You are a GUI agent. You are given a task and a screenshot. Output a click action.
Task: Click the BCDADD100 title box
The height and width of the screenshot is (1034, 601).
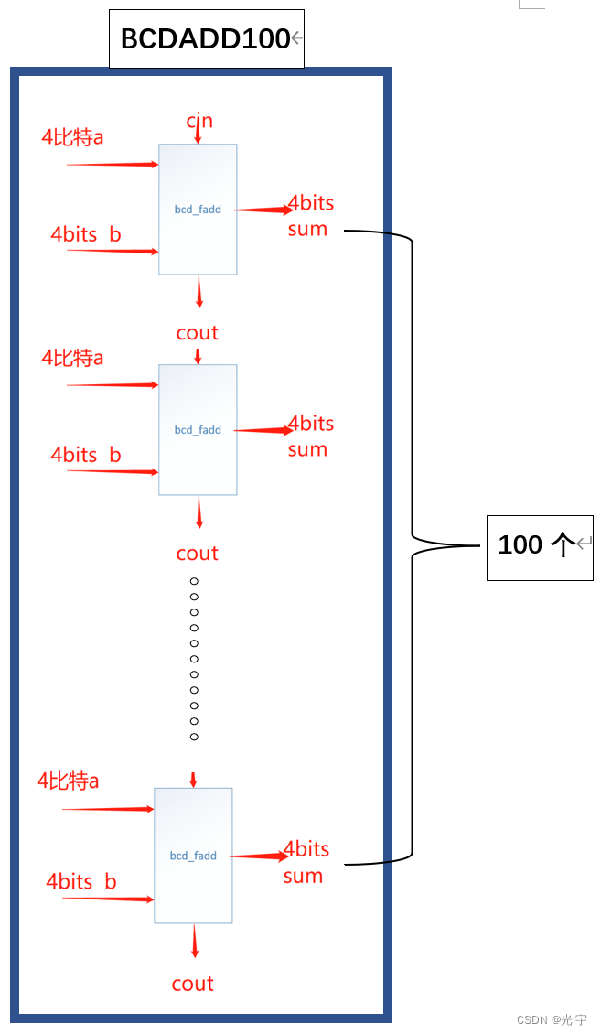[x=206, y=39]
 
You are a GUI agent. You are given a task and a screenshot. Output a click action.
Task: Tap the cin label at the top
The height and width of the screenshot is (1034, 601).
[x=199, y=121]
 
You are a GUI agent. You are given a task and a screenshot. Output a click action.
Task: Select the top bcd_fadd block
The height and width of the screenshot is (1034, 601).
[x=198, y=209]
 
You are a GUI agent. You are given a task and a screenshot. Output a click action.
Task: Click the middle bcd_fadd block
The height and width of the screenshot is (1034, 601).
[x=198, y=429]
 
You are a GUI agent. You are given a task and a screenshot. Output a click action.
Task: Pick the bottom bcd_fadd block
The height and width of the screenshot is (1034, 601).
[x=193, y=855]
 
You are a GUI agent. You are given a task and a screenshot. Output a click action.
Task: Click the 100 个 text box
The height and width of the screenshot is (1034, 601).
[x=539, y=546]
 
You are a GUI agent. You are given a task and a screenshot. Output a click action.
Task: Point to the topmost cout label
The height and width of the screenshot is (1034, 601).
[x=198, y=333]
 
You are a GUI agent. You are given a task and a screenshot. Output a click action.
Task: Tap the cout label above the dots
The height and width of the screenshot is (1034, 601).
[x=198, y=554]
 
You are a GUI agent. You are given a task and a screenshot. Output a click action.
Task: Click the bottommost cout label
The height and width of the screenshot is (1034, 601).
[x=193, y=985]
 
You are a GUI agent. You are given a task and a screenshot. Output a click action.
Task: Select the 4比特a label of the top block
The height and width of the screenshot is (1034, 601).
[x=72, y=137]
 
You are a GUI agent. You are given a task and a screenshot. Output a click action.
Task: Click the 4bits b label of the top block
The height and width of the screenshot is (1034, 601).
[x=86, y=234]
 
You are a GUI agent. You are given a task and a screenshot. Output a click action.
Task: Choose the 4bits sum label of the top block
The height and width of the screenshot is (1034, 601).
[x=309, y=216]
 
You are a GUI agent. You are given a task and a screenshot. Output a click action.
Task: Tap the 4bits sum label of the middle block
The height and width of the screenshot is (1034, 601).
[x=309, y=436]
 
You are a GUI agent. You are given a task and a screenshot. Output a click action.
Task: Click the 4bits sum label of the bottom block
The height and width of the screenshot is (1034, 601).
[x=305, y=862]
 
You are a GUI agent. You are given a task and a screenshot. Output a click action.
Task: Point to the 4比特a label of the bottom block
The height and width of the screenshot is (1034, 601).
[x=68, y=781]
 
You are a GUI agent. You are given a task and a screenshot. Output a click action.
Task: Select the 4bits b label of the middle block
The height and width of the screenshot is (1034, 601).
[x=86, y=455]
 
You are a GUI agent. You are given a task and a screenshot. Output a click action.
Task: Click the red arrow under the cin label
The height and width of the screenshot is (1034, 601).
[x=198, y=135]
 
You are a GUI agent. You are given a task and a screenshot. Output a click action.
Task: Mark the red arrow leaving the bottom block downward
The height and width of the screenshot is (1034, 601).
[x=194, y=942]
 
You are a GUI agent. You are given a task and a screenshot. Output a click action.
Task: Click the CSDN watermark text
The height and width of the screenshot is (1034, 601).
[x=552, y=1019]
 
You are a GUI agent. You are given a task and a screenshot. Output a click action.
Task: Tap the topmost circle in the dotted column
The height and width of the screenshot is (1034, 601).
[x=194, y=581]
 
